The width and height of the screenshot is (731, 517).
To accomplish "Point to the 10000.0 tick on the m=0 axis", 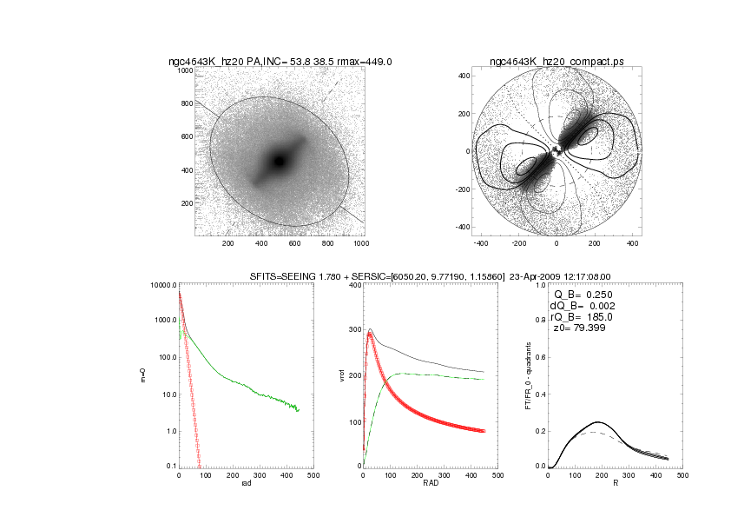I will pyautogui.click(x=162, y=285).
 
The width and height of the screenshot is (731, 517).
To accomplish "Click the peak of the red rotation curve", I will pyautogui.click(x=371, y=334).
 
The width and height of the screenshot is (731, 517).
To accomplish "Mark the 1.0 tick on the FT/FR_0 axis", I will pyautogui.click(x=540, y=285).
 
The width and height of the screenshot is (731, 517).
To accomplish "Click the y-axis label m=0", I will pyautogui.click(x=143, y=376).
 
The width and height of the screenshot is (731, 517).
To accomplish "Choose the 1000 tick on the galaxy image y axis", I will pyautogui.click(x=185, y=70).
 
